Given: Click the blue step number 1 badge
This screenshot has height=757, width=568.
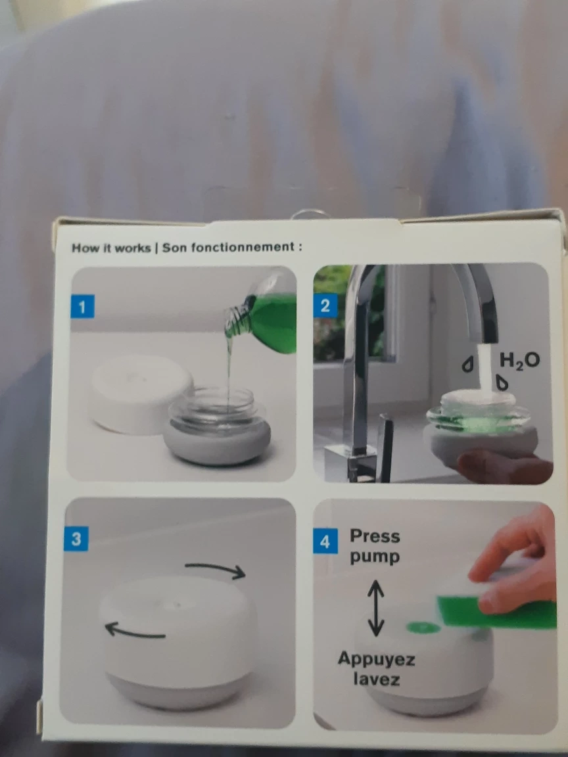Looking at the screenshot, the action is point(82,307).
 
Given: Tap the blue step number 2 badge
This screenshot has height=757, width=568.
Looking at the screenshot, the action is point(325,306).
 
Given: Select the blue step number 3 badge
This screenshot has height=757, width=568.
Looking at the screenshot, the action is point(76,539).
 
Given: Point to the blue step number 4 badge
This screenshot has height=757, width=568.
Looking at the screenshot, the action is point(325,541).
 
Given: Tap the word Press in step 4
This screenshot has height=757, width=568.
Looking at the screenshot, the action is point(375,536).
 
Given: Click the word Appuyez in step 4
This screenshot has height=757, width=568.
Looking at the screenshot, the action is point(376,660).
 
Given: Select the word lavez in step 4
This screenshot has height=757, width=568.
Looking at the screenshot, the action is point(376,679).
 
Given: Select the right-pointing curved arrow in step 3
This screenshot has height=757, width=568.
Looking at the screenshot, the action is point(216,568).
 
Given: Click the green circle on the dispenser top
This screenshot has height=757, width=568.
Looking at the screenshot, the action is point(423,628).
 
